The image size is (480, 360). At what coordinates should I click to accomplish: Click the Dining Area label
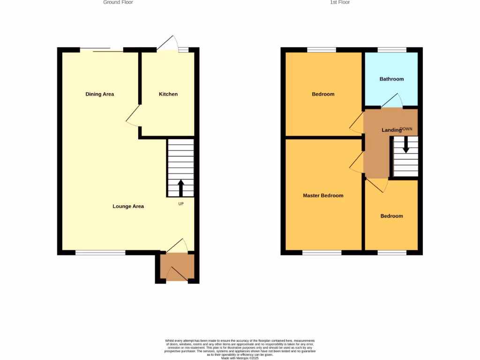(99, 94)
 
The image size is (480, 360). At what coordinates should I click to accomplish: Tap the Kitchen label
(168, 94)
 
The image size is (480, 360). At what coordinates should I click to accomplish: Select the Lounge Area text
(128, 206)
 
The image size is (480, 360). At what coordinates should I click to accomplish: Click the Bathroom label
(391, 79)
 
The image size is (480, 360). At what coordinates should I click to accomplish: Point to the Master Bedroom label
(323, 195)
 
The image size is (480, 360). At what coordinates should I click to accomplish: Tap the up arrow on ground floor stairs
(180, 187)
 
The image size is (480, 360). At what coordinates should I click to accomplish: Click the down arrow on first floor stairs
(406, 144)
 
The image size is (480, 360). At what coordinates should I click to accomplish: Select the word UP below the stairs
(180, 204)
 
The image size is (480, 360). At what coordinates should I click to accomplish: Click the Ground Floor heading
(118, 2)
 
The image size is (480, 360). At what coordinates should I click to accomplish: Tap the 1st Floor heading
(340, 2)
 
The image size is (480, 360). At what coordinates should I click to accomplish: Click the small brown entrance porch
(177, 267)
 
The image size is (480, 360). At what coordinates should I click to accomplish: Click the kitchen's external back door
(167, 45)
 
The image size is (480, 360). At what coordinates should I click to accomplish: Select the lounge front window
(100, 253)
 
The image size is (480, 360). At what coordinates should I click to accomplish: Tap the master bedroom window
(322, 253)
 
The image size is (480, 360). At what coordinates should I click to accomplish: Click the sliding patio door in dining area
(102, 50)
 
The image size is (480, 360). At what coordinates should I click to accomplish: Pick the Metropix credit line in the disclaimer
(240, 358)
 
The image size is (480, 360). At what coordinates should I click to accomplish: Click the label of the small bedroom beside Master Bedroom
(391, 216)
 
